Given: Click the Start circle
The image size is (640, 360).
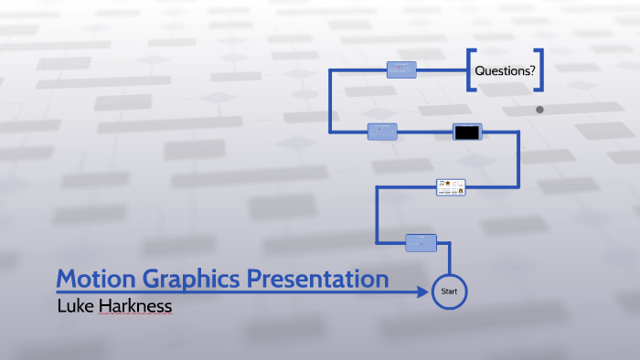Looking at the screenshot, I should tap(449, 291).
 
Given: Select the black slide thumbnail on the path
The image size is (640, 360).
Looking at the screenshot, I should tap(466, 132).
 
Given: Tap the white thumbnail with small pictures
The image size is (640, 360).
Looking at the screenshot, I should tap(451, 187).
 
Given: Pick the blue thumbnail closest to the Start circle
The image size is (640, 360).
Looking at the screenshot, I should tap(421, 242).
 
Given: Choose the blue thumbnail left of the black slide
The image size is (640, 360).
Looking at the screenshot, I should tap(382, 132).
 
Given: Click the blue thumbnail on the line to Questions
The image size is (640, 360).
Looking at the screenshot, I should tap(401, 69).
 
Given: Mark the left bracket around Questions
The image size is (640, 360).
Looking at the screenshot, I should tap(470, 70).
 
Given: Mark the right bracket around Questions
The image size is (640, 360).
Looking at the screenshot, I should tap(540, 70).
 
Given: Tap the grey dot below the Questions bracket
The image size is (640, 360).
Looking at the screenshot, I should tap(539, 110).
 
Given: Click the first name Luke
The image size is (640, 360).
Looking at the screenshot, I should tap(76, 306).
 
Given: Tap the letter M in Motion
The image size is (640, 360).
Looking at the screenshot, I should tap(67, 279).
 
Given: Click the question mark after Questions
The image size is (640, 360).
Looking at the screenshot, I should tap(530, 71).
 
